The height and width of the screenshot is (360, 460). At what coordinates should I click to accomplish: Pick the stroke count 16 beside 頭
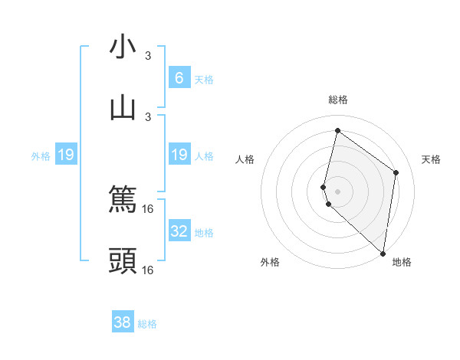[148, 270]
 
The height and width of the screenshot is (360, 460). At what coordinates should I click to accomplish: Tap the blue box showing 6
[179, 77]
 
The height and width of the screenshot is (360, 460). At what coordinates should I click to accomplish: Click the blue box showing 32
[179, 231]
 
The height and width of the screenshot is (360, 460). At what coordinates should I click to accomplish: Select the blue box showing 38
[123, 322]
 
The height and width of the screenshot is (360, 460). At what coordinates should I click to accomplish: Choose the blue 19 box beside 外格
[66, 155]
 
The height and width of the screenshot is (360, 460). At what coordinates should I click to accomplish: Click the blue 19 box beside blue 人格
[179, 155]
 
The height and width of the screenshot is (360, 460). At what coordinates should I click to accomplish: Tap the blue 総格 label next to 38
[147, 324]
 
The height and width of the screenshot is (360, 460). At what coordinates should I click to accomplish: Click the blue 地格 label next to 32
[204, 232]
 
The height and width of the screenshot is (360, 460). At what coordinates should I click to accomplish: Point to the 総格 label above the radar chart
[337, 100]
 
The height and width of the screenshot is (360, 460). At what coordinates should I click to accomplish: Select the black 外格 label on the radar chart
[270, 262]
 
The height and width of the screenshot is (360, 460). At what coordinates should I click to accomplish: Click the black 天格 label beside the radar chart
[431, 159]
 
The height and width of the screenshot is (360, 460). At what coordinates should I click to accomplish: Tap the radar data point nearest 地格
[383, 254]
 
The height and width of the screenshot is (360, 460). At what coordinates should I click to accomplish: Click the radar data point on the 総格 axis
[337, 130]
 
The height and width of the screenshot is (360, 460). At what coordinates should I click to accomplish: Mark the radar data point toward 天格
[396, 172]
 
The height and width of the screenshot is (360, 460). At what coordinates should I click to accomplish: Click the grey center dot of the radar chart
[337, 191]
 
